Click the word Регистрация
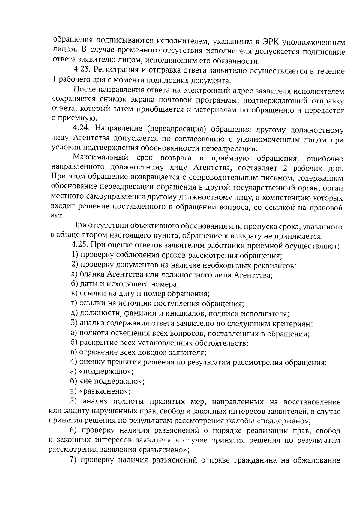pos(115,70)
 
